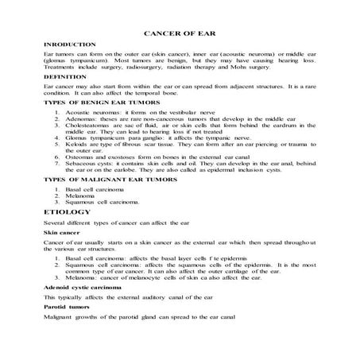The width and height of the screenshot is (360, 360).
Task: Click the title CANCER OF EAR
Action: coord(180,35)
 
